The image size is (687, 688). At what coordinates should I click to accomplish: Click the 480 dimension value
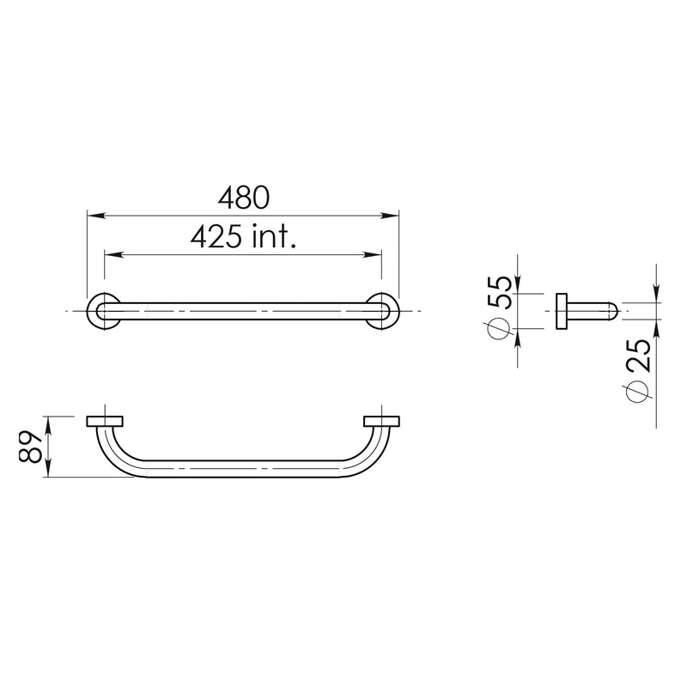[244, 198]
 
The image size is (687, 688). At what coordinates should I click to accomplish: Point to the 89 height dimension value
[31, 447]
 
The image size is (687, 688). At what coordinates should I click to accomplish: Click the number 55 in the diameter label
[500, 293]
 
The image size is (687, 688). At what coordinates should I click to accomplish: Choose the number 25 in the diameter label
[638, 356]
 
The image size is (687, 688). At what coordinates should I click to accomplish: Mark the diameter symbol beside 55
[498, 327]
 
